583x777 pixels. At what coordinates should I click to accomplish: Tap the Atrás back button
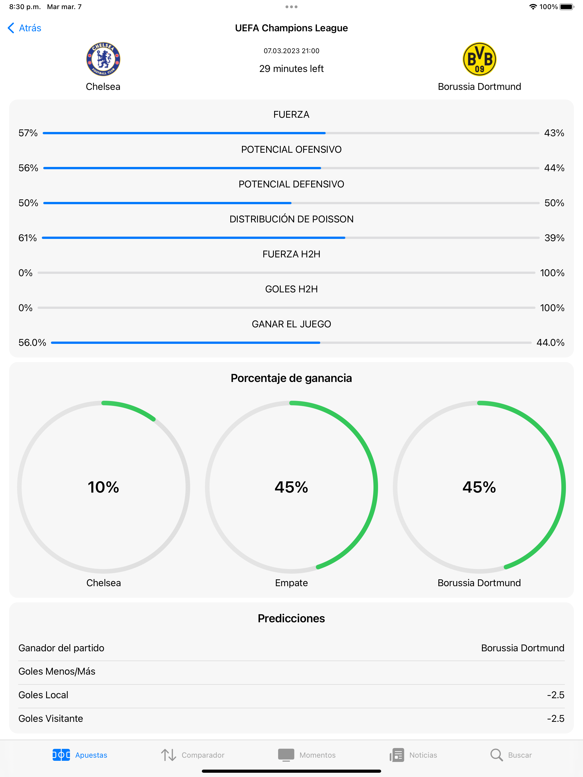[24, 28]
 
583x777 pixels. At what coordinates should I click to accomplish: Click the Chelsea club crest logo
[103, 59]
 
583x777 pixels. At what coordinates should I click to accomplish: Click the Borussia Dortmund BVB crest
[479, 59]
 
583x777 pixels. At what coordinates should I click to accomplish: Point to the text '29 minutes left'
[291, 69]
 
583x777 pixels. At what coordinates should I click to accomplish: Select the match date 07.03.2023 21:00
[291, 51]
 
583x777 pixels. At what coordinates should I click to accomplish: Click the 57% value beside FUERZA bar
[28, 133]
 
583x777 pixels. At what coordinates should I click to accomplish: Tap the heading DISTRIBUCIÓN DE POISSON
[291, 219]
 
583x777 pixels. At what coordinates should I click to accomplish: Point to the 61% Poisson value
[27, 238]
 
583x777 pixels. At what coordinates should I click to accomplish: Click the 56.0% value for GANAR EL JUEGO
[32, 342]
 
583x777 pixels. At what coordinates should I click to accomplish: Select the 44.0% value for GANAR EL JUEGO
[550, 342]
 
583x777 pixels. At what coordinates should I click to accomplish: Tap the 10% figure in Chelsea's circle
[103, 487]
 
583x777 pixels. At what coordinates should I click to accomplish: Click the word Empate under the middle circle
[291, 583]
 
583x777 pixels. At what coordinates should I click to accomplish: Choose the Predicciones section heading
[291, 618]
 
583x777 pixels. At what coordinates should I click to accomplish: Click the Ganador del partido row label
[61, 648]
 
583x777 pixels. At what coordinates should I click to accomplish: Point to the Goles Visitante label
[51, 718]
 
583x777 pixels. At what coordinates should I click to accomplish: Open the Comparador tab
[193, 755]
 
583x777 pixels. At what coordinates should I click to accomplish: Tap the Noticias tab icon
[397, 755]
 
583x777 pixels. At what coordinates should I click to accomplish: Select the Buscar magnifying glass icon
[496, 755]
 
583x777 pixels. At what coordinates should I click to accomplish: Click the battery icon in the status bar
[566, 7]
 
